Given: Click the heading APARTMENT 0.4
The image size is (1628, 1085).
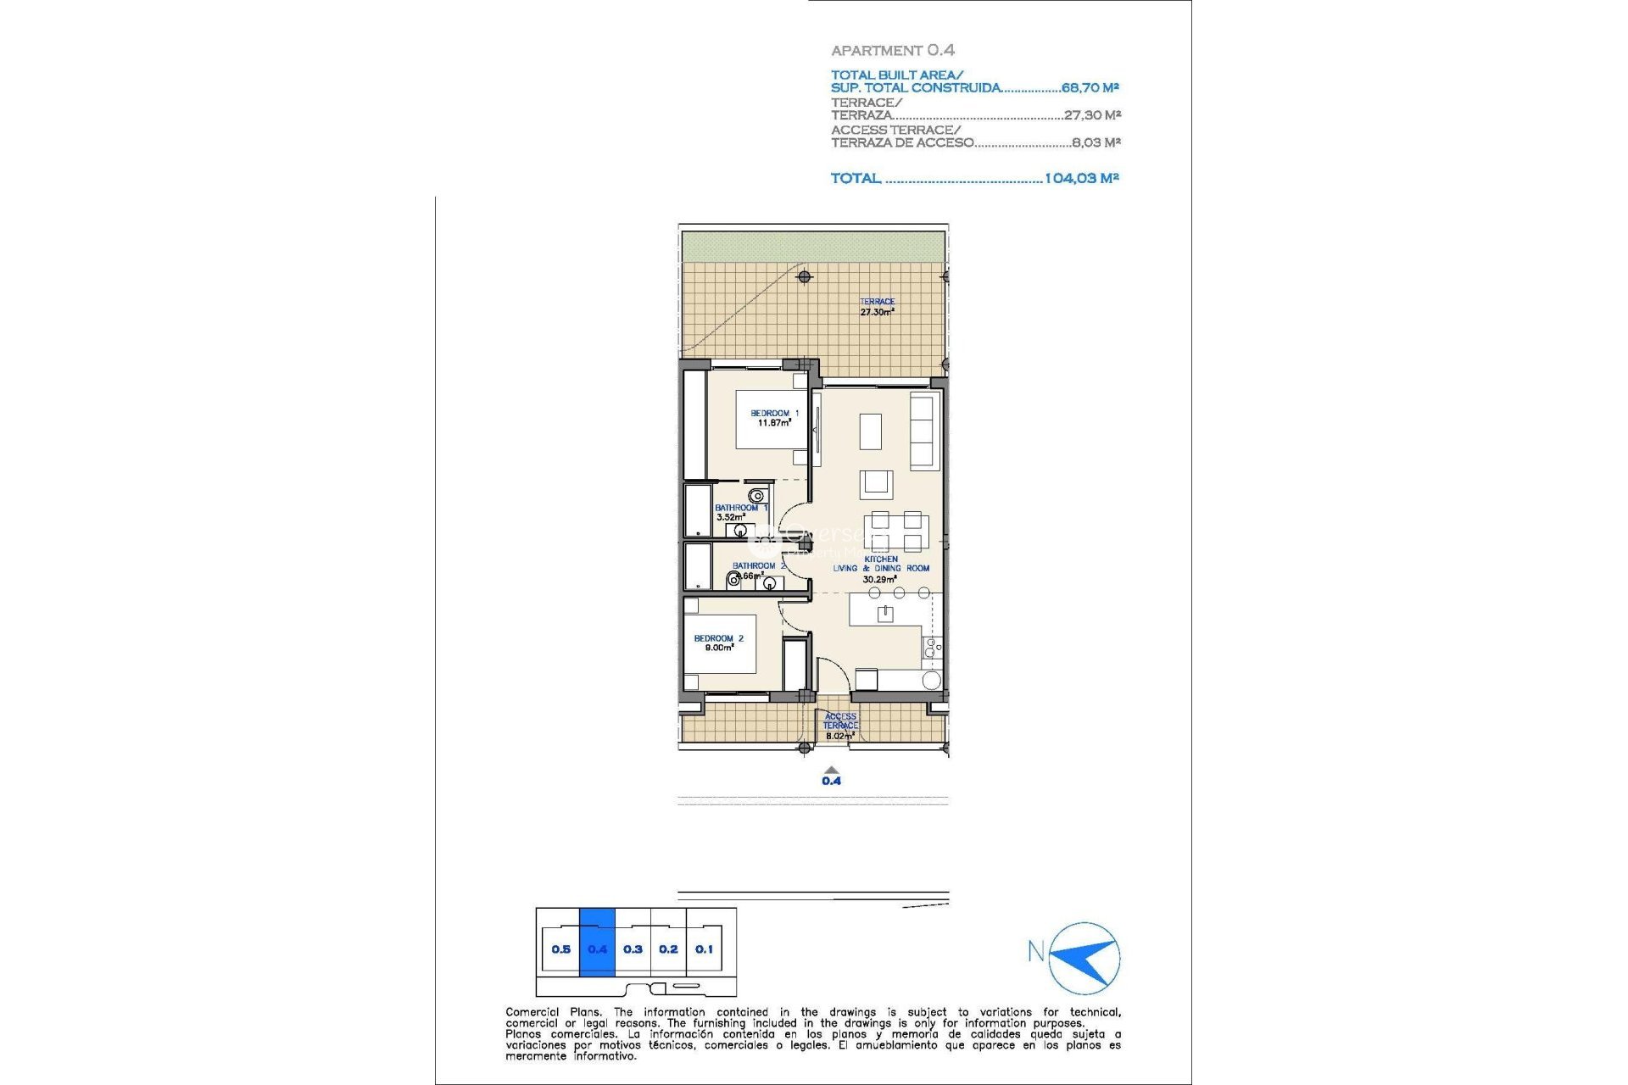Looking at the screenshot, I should pos(892,51).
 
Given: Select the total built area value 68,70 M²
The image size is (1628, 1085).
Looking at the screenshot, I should pos(1090,87).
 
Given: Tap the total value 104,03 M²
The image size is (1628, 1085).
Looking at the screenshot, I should pos(1081,178).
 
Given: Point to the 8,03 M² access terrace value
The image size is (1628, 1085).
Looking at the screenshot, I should pos(1096,142).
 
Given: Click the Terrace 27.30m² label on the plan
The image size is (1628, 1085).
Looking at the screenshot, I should pos(877,307).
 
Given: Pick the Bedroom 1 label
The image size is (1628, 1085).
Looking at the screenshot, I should pos(773,418).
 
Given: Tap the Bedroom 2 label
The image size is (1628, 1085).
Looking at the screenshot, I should pos(718,643).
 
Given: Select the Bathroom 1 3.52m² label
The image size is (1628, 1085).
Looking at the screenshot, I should pos(739,512).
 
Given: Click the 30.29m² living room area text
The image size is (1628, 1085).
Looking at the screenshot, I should pos(879,580).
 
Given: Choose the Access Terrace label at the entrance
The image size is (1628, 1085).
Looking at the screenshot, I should pos(840,721).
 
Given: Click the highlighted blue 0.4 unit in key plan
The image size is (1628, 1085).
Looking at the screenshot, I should pos(597,949).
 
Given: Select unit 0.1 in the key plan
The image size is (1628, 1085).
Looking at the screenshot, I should pos(704,949).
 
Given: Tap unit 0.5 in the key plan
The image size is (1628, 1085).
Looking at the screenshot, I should pos(560,949).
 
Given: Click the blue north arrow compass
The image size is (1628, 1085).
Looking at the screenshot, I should pos(1085,958).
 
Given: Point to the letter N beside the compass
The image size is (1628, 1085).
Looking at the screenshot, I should pos(1035,951).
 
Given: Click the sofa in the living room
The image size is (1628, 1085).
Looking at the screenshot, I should pos(923,431).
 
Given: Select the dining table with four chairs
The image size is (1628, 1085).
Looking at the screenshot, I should pos(896,531).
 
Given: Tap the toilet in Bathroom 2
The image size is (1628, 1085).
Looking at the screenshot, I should pos(733,581).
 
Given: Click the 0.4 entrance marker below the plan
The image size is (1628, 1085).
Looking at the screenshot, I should pos(831,781).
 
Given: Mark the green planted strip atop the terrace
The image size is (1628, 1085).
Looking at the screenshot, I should pos(813,247).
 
